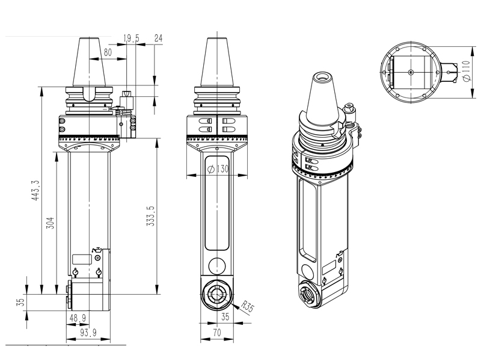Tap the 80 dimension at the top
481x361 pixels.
point(108,52)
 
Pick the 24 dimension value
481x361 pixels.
point(159,39)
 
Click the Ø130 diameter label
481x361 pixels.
point(218,170)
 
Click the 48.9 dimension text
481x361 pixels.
point(78,317)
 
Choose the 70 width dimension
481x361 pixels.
point(216,331)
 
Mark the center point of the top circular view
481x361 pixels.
point(410,72)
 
